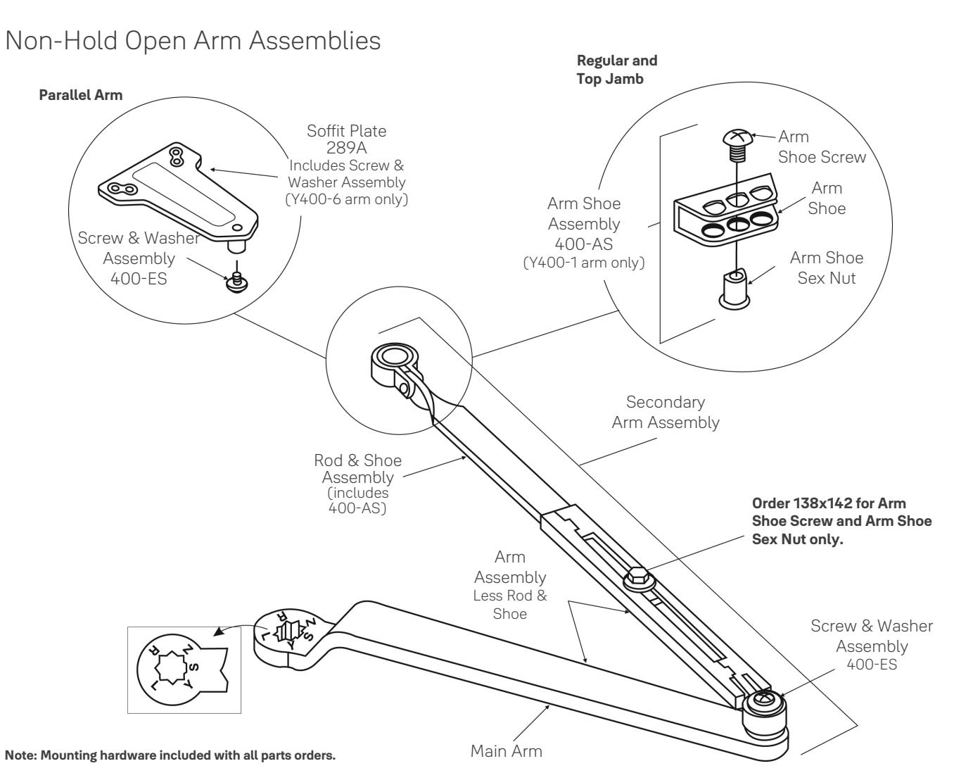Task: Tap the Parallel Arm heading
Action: click(81, 95)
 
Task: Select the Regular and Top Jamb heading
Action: click(617, 70)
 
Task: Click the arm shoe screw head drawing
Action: click(737, 137)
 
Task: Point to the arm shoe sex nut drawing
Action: click(734, 287)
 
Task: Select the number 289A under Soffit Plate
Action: click(346, 147)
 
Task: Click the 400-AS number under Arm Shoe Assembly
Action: click(584, 244)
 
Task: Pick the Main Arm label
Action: click(506, 751)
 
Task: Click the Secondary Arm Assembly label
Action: click(666, 413)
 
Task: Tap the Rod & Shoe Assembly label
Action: click(357, 469)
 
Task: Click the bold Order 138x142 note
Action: click(841, 521)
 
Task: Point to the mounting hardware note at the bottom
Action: click(170, 755)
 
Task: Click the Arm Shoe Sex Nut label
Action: click(827, 268)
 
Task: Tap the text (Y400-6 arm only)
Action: click(347, 199)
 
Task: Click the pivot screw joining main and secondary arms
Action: click(763, 702)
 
